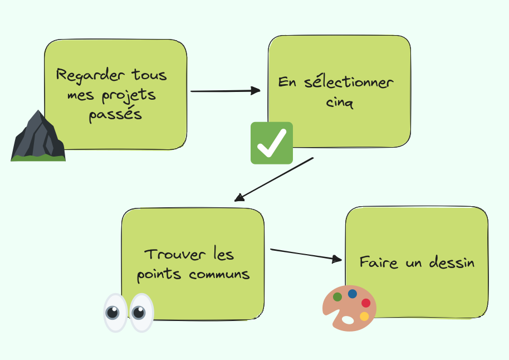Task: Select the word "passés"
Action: tap(115, 115)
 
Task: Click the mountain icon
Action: tap(38, 137)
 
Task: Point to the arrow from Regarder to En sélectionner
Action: tap(226, 91)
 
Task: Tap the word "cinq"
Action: tap(339, 103)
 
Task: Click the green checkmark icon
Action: tap(272, 143)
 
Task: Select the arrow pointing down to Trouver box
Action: tap(274, 179)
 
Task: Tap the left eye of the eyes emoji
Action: tap(115, 313)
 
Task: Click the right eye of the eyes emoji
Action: tap(141, 313)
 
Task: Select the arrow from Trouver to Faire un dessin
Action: tap(305, 254)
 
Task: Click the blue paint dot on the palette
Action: tap(353, 294)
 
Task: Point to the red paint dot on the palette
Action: tap(365, 303)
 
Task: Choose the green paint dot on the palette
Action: tap(337, 297)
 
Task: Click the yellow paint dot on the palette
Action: tap(364, 317)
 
